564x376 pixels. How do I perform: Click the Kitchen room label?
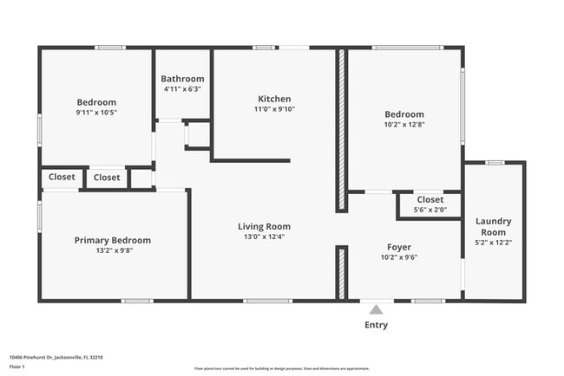coord(274,99)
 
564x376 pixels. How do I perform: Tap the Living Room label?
coord(264,226)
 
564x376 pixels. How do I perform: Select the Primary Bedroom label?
coord(112,240)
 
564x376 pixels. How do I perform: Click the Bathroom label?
coord(184,79)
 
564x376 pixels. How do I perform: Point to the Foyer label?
coord(399,246)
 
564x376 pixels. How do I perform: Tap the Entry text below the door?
coord(376,325)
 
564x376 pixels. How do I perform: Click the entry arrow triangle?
coord(376,308)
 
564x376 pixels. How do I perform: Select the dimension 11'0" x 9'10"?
coord(274,109)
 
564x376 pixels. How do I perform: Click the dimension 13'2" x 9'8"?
coord(112,250)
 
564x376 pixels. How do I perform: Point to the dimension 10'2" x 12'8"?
coord(404,124)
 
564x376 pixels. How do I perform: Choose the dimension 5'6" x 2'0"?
coord(430,210)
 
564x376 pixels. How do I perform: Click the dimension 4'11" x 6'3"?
coord(184,89)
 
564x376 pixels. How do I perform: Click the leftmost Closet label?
coord(62,177)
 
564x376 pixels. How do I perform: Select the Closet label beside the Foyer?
coord(430,199)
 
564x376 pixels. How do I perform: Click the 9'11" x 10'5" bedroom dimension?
coord(96,112)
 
